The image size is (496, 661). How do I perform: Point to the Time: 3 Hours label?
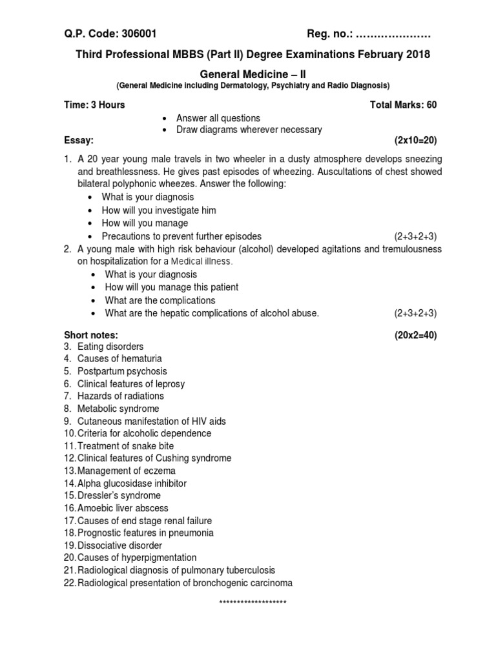click(94, 105)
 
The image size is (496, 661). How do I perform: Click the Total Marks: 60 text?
click(403, 105)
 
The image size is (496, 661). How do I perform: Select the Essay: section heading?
click(79, 140)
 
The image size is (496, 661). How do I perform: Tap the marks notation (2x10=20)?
click(415, 140)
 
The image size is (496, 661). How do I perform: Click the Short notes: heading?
click(90, 334)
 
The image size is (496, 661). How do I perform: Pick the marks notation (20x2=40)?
click(415, 334)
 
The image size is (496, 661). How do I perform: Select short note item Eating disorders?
click(110, 347)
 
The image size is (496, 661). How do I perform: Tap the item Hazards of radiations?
click(120, 396)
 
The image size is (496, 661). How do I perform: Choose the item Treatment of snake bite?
click(125, 445)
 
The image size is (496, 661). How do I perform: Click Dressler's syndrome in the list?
click(119, 495)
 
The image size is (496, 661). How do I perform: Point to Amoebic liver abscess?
click(123, 508)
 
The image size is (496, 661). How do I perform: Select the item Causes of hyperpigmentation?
click(137, 557)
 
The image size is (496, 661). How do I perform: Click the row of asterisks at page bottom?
click(253, 603)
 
